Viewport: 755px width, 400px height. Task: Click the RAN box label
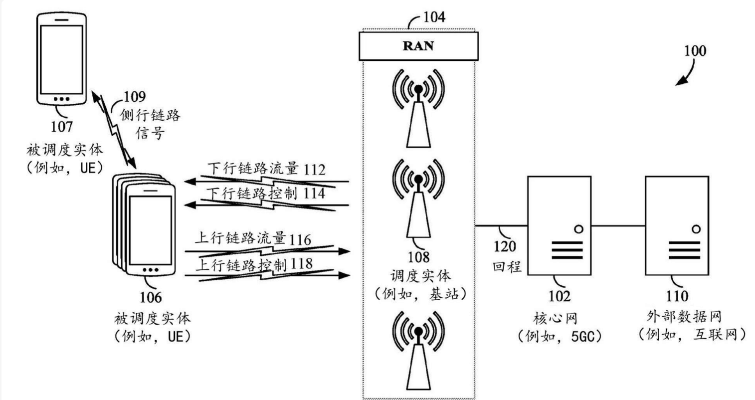[418, 46]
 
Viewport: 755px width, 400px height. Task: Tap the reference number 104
[434, 17]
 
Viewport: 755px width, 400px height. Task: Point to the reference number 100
[695, 51]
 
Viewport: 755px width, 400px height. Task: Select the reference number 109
[135, 97]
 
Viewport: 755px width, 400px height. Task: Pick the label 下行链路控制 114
[266, 194]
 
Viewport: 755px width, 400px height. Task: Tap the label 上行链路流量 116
[253, 238]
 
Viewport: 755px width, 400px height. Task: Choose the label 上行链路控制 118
[254, 264]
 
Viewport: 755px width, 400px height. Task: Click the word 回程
[507, 266]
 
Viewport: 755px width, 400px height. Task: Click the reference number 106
[151, 297]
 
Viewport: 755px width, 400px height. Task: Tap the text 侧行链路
[150, 117]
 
